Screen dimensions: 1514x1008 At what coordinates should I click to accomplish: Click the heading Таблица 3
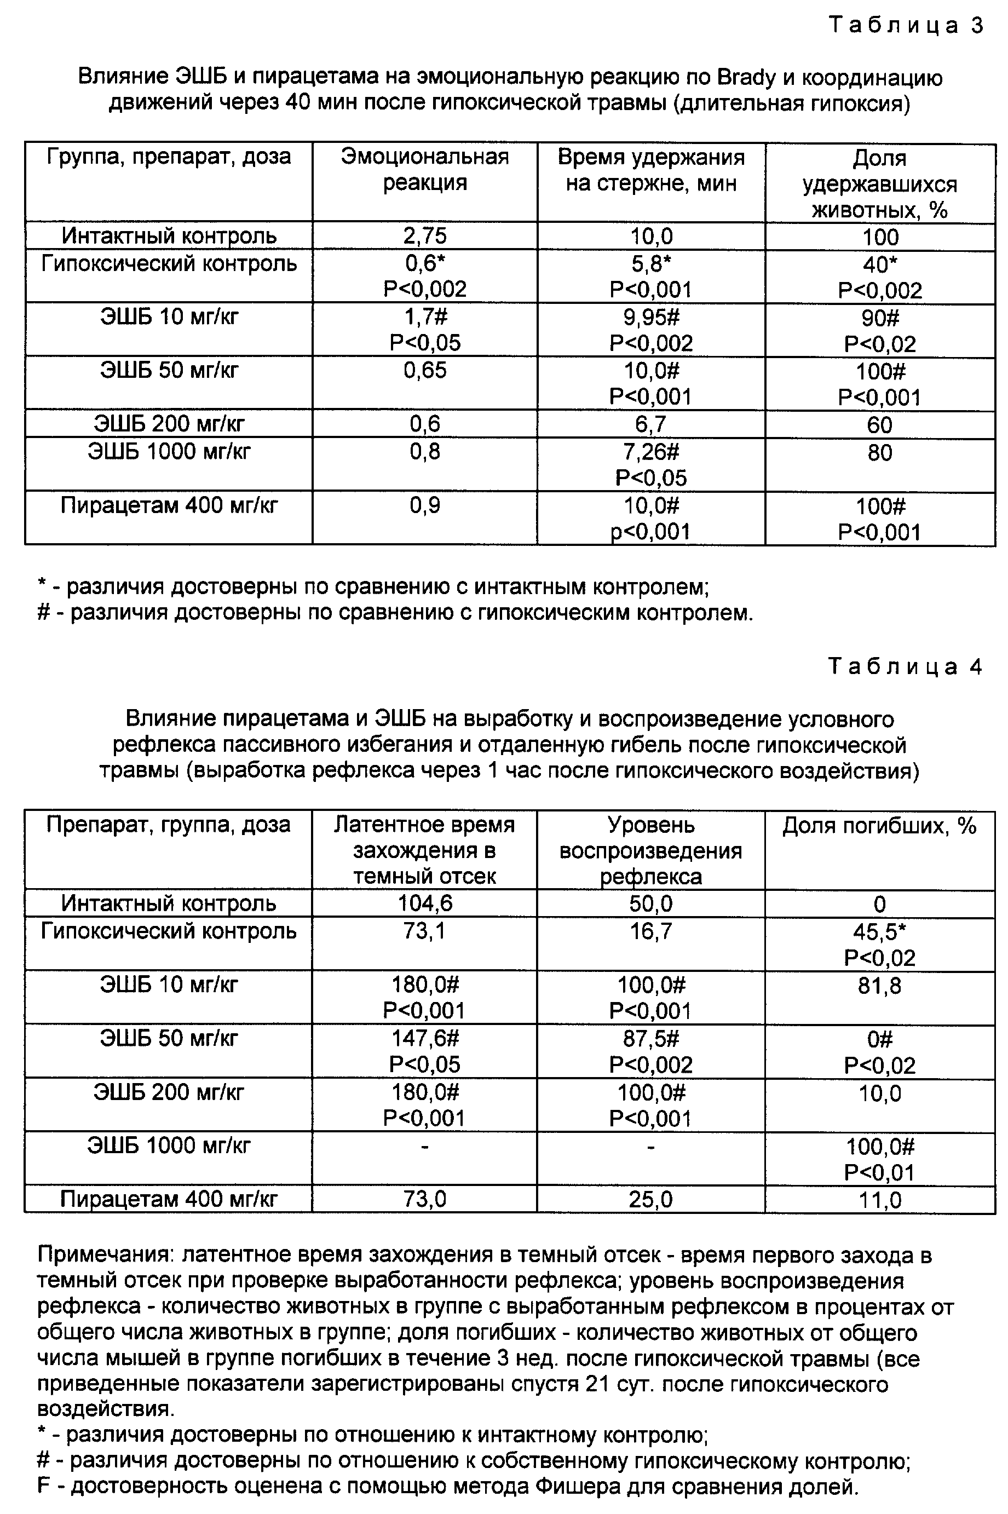tap(906, 25)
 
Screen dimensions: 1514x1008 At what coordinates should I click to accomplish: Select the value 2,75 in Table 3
tap(425, 236)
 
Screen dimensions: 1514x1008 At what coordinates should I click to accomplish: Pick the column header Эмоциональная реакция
tap(425, 170)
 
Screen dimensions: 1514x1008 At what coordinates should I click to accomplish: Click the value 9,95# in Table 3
tap(651, 317)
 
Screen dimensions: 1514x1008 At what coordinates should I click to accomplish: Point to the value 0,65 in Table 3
tap(425, 370)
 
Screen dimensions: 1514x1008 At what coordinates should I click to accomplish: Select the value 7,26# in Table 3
tap(651, 452)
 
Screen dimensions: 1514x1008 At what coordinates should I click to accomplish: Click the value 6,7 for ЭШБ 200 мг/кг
tap(651, 424)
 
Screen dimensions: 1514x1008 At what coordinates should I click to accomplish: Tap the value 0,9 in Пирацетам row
tap(425, 505)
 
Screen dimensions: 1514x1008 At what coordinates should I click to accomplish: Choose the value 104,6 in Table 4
tap(425, 903)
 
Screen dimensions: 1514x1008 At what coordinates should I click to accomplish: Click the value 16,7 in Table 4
tap(651, 931)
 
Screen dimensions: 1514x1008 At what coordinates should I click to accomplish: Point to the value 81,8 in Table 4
tap(879, 986)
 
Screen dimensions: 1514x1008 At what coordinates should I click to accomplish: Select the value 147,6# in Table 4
tap(425, 1038)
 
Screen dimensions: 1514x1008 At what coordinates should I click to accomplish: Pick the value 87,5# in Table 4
tap(651, 1038)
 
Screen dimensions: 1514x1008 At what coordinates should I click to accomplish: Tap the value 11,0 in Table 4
tap(879, 1200)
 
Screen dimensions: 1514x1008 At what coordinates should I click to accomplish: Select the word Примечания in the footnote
tap(106, 1256)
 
